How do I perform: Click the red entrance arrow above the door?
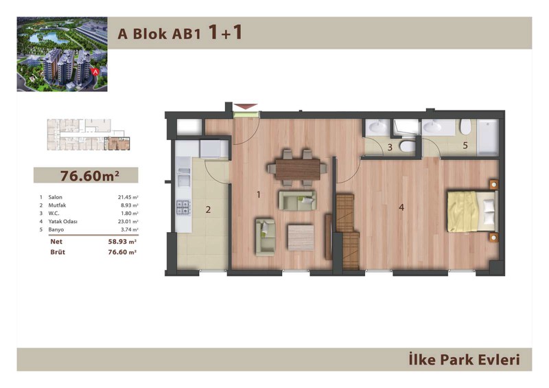click(x=246, y=106)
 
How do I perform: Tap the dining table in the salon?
click(x=298, y=169)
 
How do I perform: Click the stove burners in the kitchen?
click(x=183, y=207)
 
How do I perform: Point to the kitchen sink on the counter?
click(x=183, y=177)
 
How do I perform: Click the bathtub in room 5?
click(x=488, y=138)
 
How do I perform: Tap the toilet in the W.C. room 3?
click(x=407, y=146)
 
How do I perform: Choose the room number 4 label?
click(x=401, y=207)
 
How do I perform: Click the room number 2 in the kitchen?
click(x=208, y=209)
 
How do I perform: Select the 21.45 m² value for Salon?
click(x=128, y=197)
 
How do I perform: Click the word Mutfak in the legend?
click(x=57, y=205)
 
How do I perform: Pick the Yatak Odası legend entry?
click(x=62, y=222)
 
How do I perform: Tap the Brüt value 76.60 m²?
click(x=122, y=252)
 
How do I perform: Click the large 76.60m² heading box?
click(x=86, y=175)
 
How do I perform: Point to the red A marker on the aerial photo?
click(x=95, y=71)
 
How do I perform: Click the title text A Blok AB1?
click(x=159, y=34)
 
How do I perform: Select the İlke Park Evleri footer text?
click(x=464, y=360)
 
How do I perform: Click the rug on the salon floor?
click(x=301, y=238)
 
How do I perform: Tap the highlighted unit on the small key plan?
click(x=118, y=144)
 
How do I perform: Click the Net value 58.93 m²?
click(x=122, y=242)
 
